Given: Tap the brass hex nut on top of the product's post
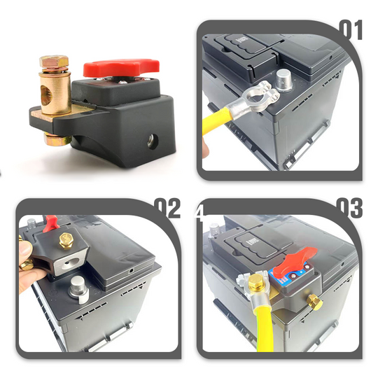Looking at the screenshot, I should pos(53,64).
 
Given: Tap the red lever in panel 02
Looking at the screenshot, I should pos(50,223).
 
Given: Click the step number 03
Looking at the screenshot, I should pos(348,208).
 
